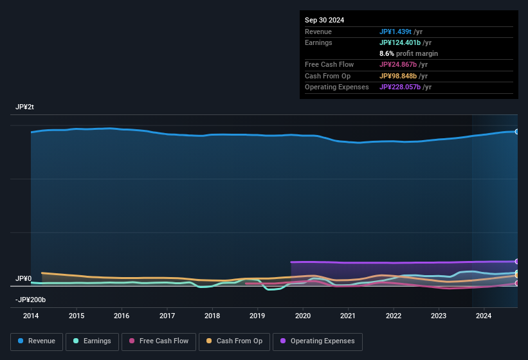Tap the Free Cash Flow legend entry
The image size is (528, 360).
[x=158, y=341]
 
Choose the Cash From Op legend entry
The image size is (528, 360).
[x=234, y=341]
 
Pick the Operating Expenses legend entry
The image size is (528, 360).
[x=318, y=341]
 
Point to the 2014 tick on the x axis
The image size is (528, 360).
[x=31, y=316]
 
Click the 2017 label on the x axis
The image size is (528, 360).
[x=167, y=316]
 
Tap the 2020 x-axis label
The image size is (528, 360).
[x=303, y=316]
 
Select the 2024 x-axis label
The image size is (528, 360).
[x=484, y=316]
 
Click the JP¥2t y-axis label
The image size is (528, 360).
[x=24, y=107]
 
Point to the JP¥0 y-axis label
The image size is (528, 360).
[x=23, y=278]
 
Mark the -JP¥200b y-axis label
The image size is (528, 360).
[x=30, y=300]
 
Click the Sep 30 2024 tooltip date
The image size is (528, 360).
[x=324, y=20]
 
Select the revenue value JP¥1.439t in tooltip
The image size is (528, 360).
[x=395, y=32]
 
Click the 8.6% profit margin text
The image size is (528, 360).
[x=408, y=53]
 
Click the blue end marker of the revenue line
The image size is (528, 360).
[x=517, y=131]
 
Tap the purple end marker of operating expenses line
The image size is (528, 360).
[x=517, y=261]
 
